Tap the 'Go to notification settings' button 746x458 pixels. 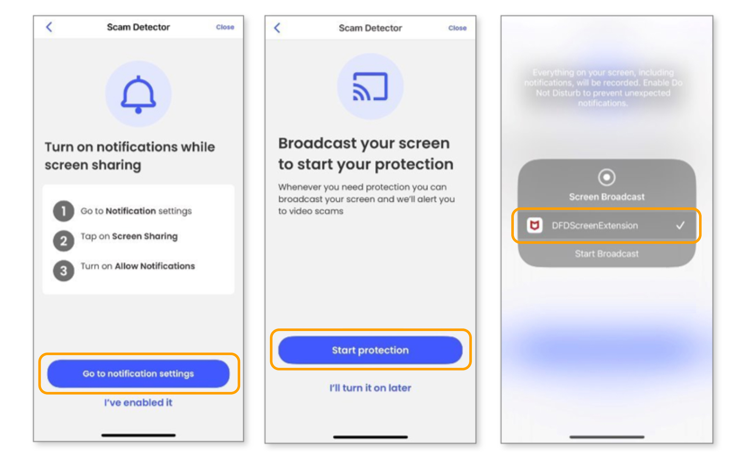coord(138,374)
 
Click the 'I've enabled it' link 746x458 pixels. coord(138,403)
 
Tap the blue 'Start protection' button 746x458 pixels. coord(370,350)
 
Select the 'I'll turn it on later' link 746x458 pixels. coord(370,388)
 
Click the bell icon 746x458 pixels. coord(138,94)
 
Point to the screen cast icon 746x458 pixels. coord(370,87)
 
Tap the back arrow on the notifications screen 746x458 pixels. coord(49,27)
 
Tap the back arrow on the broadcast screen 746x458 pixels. coord(277,28)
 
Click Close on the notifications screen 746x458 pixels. coord(225,27)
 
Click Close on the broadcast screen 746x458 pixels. coord(458,28)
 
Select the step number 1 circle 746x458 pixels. coord(63,211)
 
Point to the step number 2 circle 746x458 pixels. coord(63,241)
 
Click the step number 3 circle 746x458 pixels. coord(63,271)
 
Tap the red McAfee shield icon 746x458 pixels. coord(535,226)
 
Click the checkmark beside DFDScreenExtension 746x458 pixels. coord(680,226)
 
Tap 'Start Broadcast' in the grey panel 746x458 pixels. coord(606,254)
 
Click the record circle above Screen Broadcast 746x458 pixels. coord(606,177)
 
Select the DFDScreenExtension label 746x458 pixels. coord(595,226)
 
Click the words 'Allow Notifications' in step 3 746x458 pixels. coord(155,266)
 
